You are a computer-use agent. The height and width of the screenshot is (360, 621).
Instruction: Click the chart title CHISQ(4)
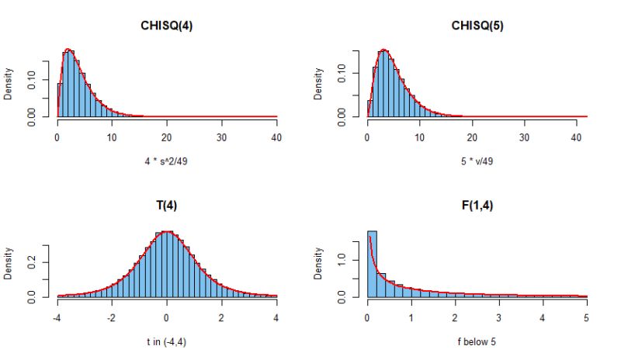pos(167,26)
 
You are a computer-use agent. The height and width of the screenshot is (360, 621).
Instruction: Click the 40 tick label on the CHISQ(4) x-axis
pos(276,137)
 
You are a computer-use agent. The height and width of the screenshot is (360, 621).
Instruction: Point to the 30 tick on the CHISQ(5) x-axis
pos(525,137)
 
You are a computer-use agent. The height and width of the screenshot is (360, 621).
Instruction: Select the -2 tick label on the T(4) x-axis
pos(112,317)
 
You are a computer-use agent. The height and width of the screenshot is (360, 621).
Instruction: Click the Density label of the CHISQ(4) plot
pos(9,84)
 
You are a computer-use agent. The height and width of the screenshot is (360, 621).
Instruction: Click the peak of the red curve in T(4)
pos(167,231)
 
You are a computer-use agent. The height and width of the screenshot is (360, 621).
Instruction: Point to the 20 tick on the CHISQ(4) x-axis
pos(167,137)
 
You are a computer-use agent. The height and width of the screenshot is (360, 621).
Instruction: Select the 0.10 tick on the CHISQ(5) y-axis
pos(341,74)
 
